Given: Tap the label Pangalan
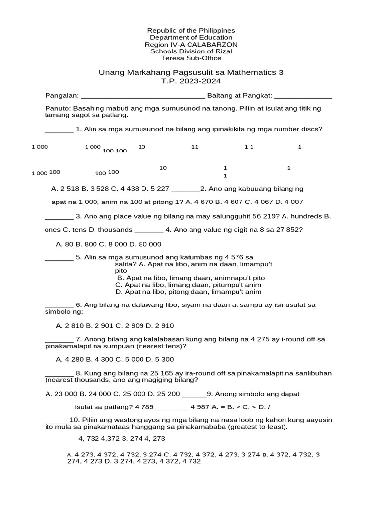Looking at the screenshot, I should click(x=61, y=95).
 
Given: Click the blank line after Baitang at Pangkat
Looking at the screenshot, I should click(x=303, y=96).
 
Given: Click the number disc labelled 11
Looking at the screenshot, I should click(x=194, y=147).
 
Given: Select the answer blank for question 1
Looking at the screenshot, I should click(x=59, y=130).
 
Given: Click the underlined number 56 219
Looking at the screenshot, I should click(x=263, y=216).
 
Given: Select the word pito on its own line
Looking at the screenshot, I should click(x=121, y=271).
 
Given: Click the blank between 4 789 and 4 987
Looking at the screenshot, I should click(x=172, y=407).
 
